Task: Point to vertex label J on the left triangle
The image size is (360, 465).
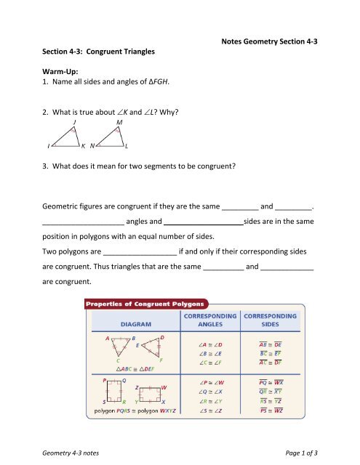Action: pos(74,123)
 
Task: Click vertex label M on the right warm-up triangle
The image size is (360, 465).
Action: pos(119,123)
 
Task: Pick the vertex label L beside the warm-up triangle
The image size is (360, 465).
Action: pos(127,146)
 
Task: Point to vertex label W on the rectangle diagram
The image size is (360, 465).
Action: pos(164,387)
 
